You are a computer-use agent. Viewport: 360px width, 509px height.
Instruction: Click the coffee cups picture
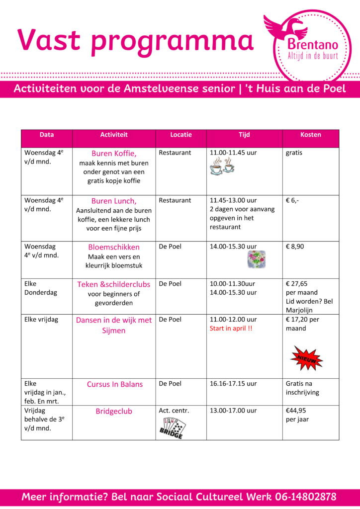pyautogui.click(x=222, y=167)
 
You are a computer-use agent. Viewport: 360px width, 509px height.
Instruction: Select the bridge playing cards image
pyautogui.click(x=172, y=427)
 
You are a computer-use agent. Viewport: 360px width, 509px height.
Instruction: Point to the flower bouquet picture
pyautogui.click(x=257, y=259)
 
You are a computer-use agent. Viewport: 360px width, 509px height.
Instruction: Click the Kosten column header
pyautogui.click(x=311, y=135)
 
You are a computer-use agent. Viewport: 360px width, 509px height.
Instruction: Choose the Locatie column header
pyautogui.click(x=181, y=135)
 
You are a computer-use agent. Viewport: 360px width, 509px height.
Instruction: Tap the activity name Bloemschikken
pyautogui.click(x=114, y=247)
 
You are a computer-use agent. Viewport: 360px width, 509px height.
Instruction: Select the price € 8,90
pyautogui.click(x=295, y=247)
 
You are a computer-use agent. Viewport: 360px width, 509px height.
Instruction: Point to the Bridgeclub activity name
pyautogui.click(x=114, y=411)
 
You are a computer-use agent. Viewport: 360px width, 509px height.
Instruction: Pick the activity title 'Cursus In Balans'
pyautogui.click(x=114, y=384)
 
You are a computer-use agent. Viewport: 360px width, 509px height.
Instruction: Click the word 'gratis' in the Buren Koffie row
pyautogui.click(x=294, y=153)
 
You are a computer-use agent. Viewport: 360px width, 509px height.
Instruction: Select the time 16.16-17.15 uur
pyautogui.click(x=233, y=384)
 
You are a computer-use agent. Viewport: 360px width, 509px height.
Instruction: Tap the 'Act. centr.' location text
pyautogui.click(x=174, y=411)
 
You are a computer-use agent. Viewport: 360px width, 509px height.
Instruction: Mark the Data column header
pyautogui.click(x=47, y=135)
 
